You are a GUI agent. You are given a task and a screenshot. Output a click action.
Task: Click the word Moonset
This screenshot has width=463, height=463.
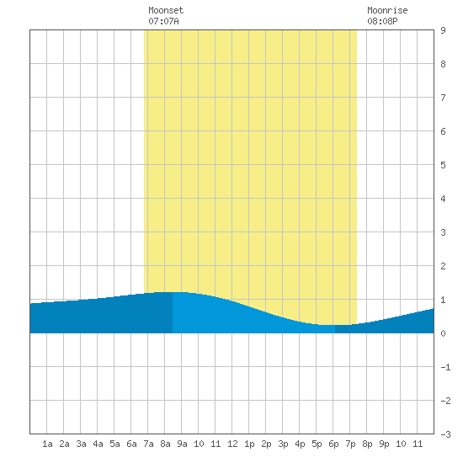[x=166, y=10]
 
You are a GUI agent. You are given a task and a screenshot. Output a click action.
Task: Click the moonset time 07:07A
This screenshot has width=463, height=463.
[x=163, y=21]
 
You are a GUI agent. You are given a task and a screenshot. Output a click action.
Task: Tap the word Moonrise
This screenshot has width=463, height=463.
[x=387, y=10]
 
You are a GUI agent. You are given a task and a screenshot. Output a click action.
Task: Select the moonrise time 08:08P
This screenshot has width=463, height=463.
[x=382, y=21]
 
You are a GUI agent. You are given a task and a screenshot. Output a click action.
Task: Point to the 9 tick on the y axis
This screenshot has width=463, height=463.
[x=443, y=30]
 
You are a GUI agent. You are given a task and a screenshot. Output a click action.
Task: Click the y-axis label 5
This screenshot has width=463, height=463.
[x=443, y=165]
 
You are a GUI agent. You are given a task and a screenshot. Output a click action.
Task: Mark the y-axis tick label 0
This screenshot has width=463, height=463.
[x=443, y=333]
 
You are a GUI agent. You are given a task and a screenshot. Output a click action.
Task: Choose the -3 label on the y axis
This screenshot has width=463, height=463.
[x=445, y=434]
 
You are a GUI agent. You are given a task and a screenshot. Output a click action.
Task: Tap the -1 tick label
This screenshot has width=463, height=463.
[x=445, y=367]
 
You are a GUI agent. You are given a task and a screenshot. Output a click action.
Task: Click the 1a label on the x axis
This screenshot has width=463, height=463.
[x=47, y=444]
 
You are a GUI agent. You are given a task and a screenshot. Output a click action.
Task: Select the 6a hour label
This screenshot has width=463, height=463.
[x=131, y=444]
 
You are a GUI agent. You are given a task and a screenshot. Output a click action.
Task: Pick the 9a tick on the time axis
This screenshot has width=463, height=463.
[x=182, y=444]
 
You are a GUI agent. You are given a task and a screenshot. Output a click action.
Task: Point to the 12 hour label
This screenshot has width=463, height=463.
[x=232, y=444]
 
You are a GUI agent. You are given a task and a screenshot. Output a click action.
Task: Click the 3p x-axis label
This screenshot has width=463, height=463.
[x=283, y=444]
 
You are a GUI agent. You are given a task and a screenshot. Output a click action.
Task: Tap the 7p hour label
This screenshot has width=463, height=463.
[x=350, y=444]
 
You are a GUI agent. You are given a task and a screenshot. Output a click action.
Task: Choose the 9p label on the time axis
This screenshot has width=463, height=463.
[x=384, y=444]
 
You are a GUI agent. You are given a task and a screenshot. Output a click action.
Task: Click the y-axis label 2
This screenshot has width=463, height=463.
[x=443, y=266]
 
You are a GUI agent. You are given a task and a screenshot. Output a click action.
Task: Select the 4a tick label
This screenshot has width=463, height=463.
[x=98, y=444]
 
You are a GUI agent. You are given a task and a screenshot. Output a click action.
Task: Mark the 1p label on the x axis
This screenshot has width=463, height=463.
[x=249, y=444]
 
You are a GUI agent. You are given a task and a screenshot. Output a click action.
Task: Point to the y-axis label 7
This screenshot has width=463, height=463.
[x=443, y=98]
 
